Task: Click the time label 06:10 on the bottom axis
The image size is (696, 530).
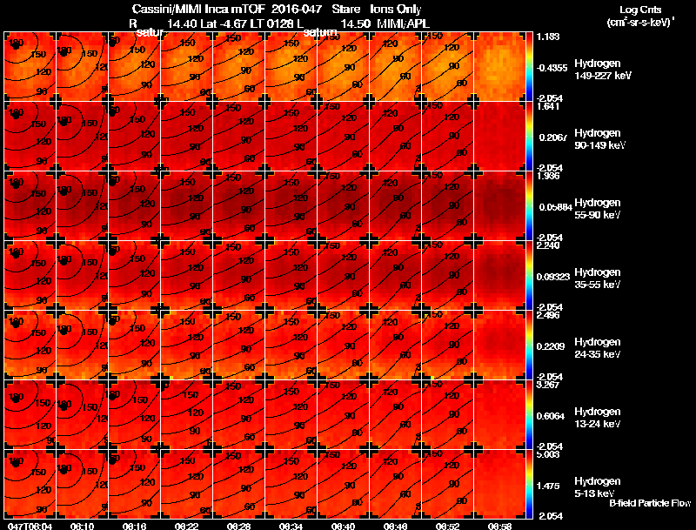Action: click(83, 526)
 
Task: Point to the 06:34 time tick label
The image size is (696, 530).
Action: click(291, 526)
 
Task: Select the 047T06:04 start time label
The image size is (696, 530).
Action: click(28, 526)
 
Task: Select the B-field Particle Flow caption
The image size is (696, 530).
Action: click(649, 503)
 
